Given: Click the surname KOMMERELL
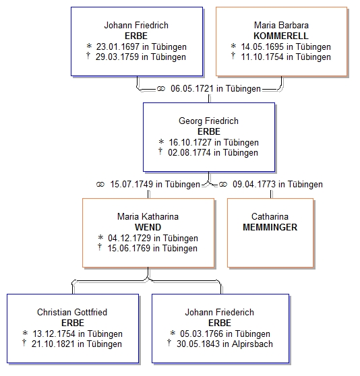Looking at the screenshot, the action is tap(281, 36).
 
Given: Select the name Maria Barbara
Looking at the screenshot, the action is tap(281, 25).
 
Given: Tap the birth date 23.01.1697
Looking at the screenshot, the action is tap(118, 46).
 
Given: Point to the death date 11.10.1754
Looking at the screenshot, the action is tap(262, 57).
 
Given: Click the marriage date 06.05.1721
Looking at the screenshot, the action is tap(192, 88).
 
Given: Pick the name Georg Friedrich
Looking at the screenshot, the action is tap(209, 121).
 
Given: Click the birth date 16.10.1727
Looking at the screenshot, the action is tap(190, 142).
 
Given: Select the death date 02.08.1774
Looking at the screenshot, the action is tap(189, 152).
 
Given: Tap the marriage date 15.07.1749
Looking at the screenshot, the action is tap(131, 184).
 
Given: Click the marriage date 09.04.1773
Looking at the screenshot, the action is tap(254, 184).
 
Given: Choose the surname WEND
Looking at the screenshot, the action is tap(148, 227).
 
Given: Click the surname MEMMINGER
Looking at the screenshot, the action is tap(270, 227).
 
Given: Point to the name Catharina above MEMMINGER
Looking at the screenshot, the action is tap(270, 216).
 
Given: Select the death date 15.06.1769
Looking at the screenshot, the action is tap(129, 248).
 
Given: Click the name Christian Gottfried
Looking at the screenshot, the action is tap(72, 312).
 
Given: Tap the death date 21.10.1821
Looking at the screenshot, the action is tap(53, 344).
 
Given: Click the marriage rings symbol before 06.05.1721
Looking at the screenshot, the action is tap(161, 89).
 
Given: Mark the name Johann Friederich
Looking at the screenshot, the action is tap(220, 312).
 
